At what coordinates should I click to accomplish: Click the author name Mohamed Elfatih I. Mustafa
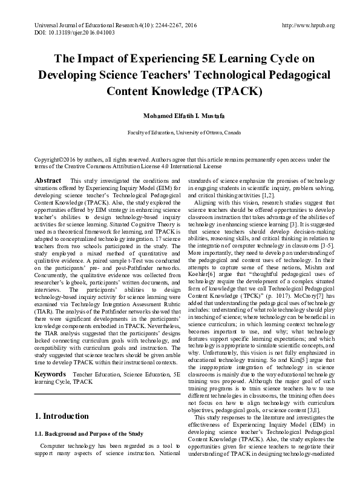tap(180, 116)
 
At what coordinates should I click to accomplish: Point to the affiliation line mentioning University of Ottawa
tap(180, 132)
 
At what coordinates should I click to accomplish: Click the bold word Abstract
tap(48, 181)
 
